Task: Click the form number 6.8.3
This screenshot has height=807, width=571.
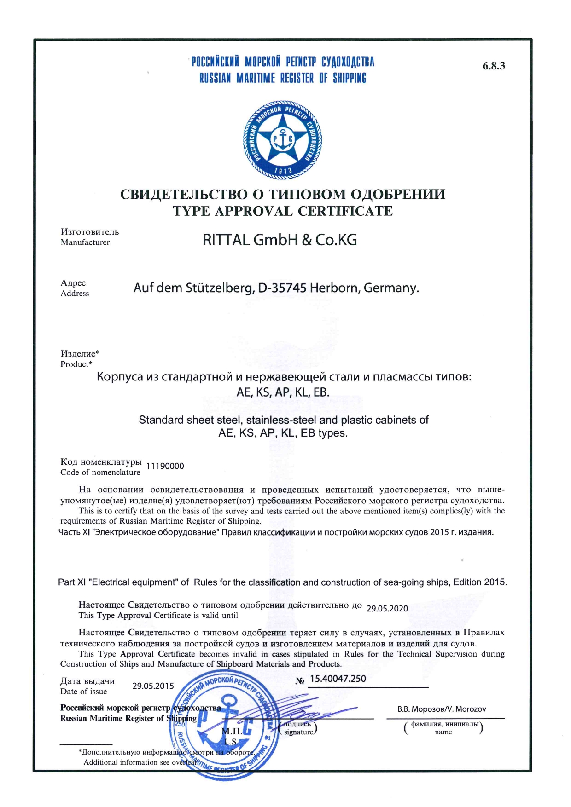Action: (x=494, y=66)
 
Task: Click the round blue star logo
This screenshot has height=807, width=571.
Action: (x=282, y=140)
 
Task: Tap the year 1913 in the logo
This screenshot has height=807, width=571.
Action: (x=283, y=171)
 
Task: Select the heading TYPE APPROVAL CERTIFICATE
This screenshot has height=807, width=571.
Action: (x=283, y=211)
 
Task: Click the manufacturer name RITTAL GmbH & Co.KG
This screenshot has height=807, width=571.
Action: (x=280, y=240)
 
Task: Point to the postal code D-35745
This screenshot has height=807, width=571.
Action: (x=282, y=288)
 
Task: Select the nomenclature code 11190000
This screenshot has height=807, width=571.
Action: (x=165, y=466)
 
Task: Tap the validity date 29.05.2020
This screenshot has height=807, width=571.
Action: (x=387, y=609)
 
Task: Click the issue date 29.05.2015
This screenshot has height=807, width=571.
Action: (x=153, y=686)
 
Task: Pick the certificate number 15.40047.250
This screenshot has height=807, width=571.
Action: (x=338, y=679)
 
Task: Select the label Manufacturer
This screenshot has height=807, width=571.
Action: (x=85, y=242)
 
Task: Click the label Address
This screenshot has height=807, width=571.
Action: (x=75, y=294)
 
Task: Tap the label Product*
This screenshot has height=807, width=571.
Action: (x=76, y=364)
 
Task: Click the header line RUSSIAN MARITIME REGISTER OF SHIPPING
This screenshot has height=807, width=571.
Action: (x=283, y=78)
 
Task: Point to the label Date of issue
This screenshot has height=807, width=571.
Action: (x=83, y=692)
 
